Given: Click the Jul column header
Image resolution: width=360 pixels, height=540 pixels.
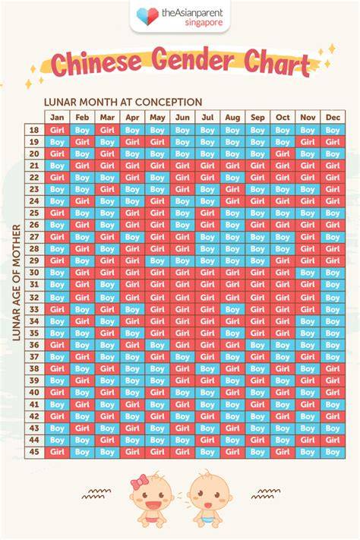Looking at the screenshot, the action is (x=207, y=117).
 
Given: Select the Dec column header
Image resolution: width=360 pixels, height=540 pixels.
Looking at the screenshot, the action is (x=333, y=117).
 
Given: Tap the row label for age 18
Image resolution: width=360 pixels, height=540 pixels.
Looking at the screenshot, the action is (x=34, y=130).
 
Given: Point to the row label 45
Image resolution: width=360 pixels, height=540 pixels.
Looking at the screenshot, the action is (x=34, y=452).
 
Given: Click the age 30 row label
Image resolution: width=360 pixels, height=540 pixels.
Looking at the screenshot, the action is (x=34, y=273).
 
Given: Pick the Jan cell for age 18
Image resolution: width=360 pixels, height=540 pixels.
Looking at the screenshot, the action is (x=57, y=130).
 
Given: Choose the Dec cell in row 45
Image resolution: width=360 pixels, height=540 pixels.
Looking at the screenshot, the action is (x=333, y=452).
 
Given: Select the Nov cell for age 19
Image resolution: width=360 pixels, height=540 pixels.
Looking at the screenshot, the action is (x=308, y=142).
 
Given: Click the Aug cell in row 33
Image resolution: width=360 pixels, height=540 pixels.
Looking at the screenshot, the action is (x=232, y=309).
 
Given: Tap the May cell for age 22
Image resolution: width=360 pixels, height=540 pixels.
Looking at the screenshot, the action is (x=157, y=178).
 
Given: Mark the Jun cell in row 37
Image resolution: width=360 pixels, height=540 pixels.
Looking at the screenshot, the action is (x=182, y=357).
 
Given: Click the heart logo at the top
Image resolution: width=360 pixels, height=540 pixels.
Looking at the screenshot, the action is (x=147, y=17).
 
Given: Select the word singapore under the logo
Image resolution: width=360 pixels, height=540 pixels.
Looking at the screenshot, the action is (x=204, y=23).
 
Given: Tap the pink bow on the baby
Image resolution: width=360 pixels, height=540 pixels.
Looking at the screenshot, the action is (x=140, y=482).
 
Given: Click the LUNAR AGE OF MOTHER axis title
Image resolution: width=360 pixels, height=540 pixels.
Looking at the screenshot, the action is (x=17, y=283).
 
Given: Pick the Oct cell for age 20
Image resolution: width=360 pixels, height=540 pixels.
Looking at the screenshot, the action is (x=283, y=154).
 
